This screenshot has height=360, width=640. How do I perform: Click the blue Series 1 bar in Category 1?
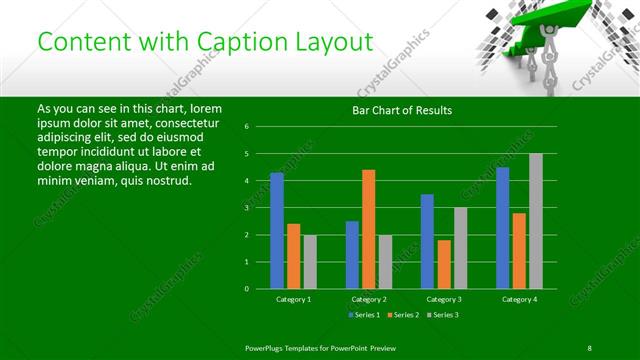tap(277, 230)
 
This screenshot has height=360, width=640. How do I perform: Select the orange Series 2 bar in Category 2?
tap(369, 229)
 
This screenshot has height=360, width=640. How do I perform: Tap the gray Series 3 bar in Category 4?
tap(536, 220)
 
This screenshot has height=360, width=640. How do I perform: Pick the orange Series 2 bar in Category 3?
tap(444, 264)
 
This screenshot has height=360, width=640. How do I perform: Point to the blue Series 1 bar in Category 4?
tap(503, 227)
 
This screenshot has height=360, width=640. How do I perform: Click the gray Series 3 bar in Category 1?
tap(310, 261)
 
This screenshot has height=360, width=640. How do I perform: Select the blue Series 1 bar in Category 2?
tap(352, 254)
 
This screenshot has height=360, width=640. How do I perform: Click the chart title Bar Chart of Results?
tap(402, 110)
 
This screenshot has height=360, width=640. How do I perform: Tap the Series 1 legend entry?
tap(362, 315)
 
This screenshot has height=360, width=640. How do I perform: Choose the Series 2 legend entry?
tap(403, 315)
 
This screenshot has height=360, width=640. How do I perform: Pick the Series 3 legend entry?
tap(443, 315)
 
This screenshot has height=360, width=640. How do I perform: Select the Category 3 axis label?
tap(444, 299)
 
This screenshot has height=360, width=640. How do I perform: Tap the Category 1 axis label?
tap(294, 299)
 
